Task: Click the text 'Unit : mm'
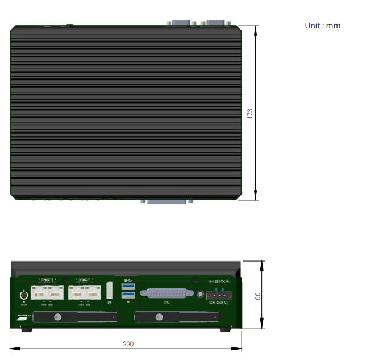click(x=322, y=26)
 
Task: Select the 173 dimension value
click(x=250, y=113)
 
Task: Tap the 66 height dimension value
click(x=257, y=296)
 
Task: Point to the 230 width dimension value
click(x=128, y=344)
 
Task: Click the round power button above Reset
click(x=24, y=295)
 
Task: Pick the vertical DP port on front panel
click(x=110, y=291)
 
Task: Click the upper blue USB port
click(x=128, y=286)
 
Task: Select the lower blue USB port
click(x=128, y=295)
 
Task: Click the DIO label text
click(x=167, y=303)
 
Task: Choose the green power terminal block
click(x=218, y=295)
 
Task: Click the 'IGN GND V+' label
click(x=218, y=303)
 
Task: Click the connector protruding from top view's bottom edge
click(x=167, y=201)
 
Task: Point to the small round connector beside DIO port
click(x=200, y=294)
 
